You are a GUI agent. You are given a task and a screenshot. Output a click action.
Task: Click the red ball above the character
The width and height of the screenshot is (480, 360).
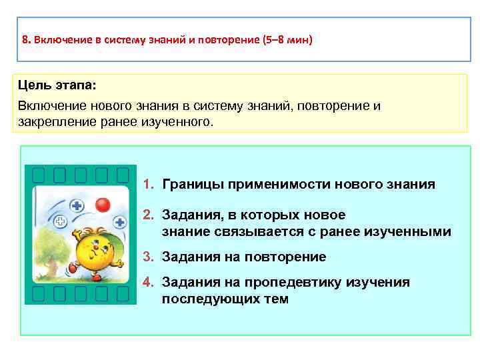tap(102, 204)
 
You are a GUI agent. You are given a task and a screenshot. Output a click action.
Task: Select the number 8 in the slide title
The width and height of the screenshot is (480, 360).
tap(24, 39)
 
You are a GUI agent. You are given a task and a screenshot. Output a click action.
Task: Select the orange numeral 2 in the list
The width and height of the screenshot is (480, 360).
tap(148, 215)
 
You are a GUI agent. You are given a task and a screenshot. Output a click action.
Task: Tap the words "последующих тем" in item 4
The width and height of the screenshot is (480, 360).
tap(225, 299)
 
